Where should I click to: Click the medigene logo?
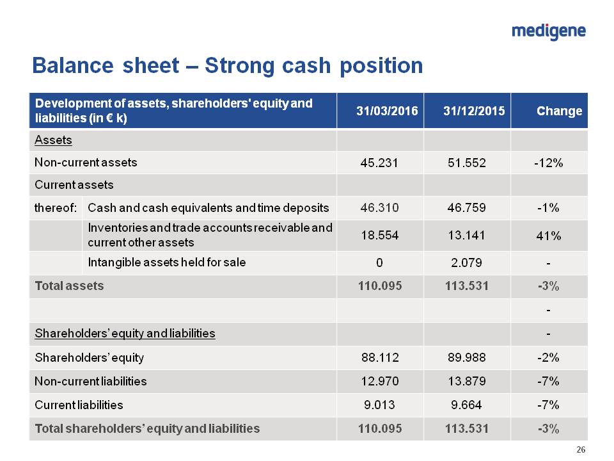[549, 31]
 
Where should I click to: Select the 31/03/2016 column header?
[387, 111]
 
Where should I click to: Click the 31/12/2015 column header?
[474, 111]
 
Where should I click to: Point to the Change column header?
[559, 111]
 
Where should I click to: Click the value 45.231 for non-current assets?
[380, 163]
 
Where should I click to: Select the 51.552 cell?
[468, 163]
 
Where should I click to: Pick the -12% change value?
[548, 163]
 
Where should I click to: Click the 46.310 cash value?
[380, 207]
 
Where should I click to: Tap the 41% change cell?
[548, 236]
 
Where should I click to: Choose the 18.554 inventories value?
[380, 235]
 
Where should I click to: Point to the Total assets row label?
[69, 286]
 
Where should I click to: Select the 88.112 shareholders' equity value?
[380, 357]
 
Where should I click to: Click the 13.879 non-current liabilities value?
[468, 381]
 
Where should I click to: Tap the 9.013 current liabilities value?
[380, 405]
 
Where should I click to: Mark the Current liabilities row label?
[79, 405]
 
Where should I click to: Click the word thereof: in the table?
[56, 207]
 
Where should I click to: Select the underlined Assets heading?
[53, 140]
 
